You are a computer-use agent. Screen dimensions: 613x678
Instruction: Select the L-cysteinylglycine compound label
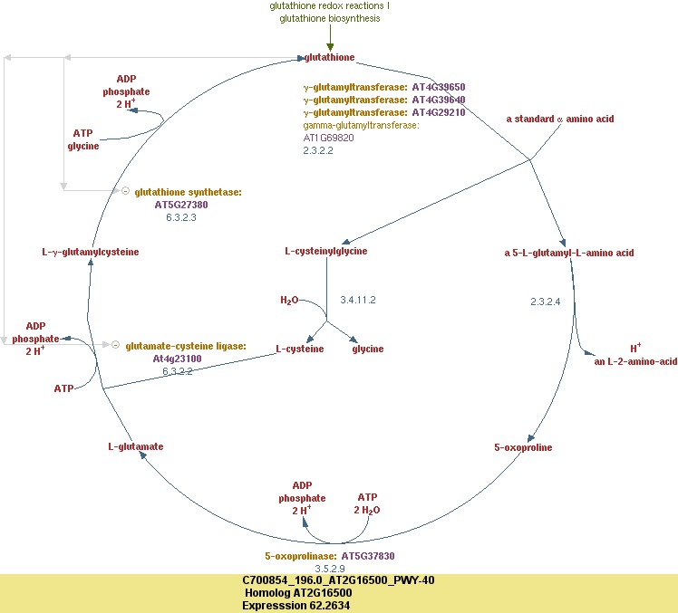325,251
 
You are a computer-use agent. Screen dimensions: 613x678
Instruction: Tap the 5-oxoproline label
523,447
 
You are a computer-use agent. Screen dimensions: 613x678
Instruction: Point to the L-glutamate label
136,446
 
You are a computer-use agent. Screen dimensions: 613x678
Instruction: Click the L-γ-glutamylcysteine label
91,252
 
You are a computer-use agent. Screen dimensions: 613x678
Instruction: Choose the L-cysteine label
300,349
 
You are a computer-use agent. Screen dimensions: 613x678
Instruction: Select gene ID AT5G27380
181,205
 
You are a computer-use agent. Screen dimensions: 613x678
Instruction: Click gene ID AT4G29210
439,112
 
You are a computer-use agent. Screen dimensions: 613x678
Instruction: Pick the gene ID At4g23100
177,359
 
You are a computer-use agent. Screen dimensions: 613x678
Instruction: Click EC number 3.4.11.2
357,300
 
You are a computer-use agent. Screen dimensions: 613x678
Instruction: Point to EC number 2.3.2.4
546,301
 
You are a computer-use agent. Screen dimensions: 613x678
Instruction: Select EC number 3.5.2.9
330,569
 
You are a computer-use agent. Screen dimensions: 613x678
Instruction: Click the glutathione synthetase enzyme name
188,192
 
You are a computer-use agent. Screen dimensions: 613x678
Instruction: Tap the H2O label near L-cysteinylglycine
289,300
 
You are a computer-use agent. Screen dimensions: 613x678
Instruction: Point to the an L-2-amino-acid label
635,361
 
